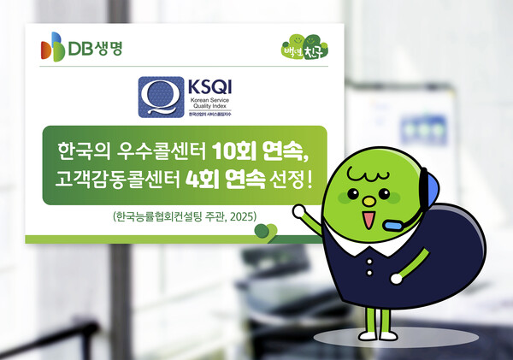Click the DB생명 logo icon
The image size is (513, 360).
pyautogui.click(x=53, y=46)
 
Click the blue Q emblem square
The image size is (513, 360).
pyautogui.click(x=156, y=96)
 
